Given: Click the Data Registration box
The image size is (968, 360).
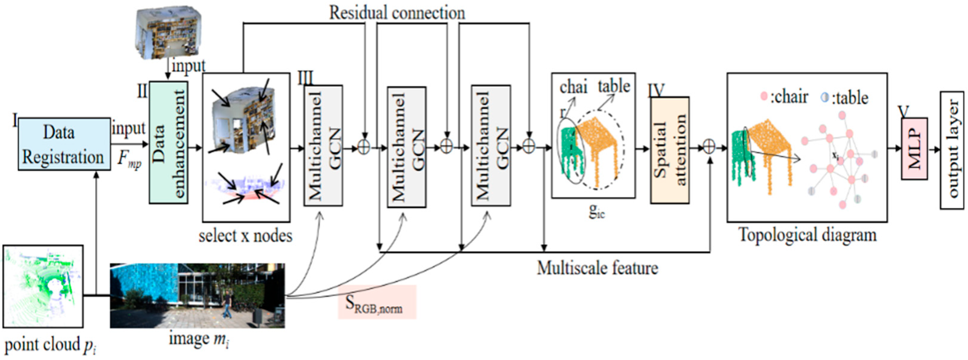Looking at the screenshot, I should pos(64,144).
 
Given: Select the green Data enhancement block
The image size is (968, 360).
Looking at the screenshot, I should pos(168,143).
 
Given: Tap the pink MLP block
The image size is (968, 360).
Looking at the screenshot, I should pos(914,148).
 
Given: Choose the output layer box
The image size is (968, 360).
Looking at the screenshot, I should pos(951,150).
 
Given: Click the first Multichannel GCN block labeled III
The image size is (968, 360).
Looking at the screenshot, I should pos(323,145).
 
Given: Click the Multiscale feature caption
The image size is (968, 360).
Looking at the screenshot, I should pos(597,268).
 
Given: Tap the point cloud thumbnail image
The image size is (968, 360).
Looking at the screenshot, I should pos(43,286).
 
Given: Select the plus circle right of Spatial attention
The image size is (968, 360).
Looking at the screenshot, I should pos(709,147).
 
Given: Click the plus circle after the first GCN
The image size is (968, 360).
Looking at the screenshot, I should pos(364,147).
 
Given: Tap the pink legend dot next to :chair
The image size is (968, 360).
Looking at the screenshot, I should pos(764,97).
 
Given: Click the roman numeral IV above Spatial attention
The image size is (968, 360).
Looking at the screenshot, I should pos(656,90).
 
